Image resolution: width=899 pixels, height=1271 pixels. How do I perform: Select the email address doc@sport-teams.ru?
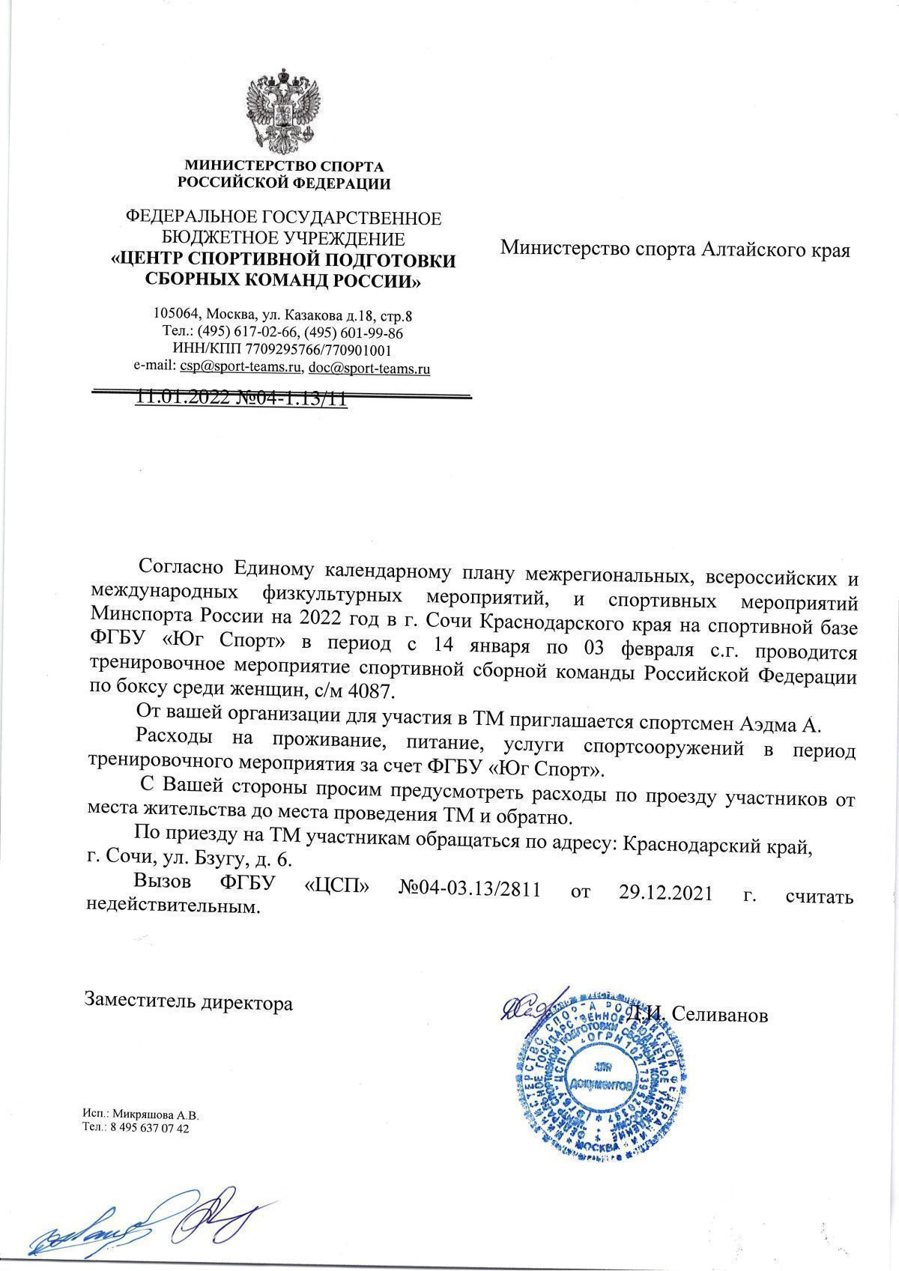click(369, 368)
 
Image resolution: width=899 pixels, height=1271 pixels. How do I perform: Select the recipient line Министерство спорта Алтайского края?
click(675, 249)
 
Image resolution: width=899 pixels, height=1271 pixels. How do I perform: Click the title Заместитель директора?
click(188, 1001)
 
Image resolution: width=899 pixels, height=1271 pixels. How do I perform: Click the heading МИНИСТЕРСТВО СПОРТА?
click(284, 166)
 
